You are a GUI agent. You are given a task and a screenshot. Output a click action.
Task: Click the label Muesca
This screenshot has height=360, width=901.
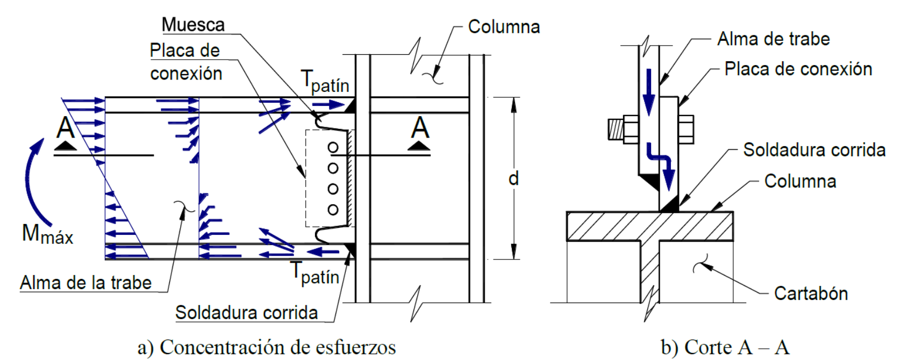194,25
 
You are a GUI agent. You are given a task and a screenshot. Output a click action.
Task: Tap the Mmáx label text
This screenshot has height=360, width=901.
47,235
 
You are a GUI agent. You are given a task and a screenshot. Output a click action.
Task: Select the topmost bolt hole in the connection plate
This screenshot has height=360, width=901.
333,147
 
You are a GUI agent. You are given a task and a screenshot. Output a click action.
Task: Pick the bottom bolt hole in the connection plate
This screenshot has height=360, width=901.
333,210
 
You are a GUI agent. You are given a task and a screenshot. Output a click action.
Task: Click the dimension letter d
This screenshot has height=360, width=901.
514,178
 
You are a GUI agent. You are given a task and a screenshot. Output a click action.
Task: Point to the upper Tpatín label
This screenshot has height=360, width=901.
325,82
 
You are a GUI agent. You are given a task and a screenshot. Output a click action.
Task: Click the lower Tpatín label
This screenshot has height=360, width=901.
315,273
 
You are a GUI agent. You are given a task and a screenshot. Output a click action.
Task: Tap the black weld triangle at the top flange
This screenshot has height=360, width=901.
350,105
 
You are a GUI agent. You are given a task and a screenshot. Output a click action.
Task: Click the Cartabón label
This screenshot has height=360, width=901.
811,293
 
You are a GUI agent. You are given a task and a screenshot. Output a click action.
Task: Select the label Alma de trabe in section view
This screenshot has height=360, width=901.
774,39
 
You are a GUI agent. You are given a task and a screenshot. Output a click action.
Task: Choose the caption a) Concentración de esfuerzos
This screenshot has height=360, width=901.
267,347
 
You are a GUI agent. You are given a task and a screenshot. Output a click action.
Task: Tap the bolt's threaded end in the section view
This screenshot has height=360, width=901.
616,129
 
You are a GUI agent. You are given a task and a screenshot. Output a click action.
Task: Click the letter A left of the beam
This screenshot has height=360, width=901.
66,128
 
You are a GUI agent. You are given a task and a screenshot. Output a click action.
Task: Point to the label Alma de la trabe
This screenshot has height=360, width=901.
86,283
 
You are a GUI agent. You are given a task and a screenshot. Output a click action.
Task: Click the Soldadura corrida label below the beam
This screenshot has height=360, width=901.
247,312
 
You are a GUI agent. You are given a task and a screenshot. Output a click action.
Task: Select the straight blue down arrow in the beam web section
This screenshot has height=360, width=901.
649,91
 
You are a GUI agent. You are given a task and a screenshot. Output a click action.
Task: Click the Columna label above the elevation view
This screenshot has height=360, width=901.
504,27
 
